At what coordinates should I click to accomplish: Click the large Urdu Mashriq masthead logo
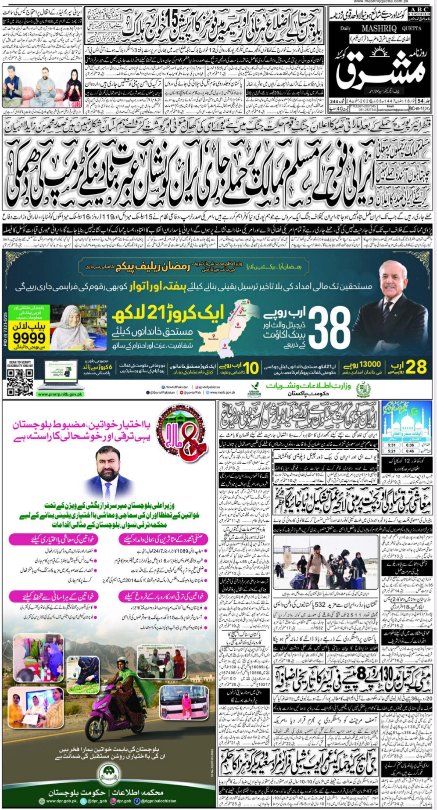pyautogui.click(x=381, y=70)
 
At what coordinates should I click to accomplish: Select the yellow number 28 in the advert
pyautogui.click(x=415, y=367)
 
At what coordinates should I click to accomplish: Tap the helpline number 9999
pyautogui.click(x=29, y=338)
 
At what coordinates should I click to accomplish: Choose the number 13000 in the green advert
pyautogui.click(x=367, y=365)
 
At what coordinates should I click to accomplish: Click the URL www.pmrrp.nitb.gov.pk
pyautogui.click(x=60, y=394)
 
